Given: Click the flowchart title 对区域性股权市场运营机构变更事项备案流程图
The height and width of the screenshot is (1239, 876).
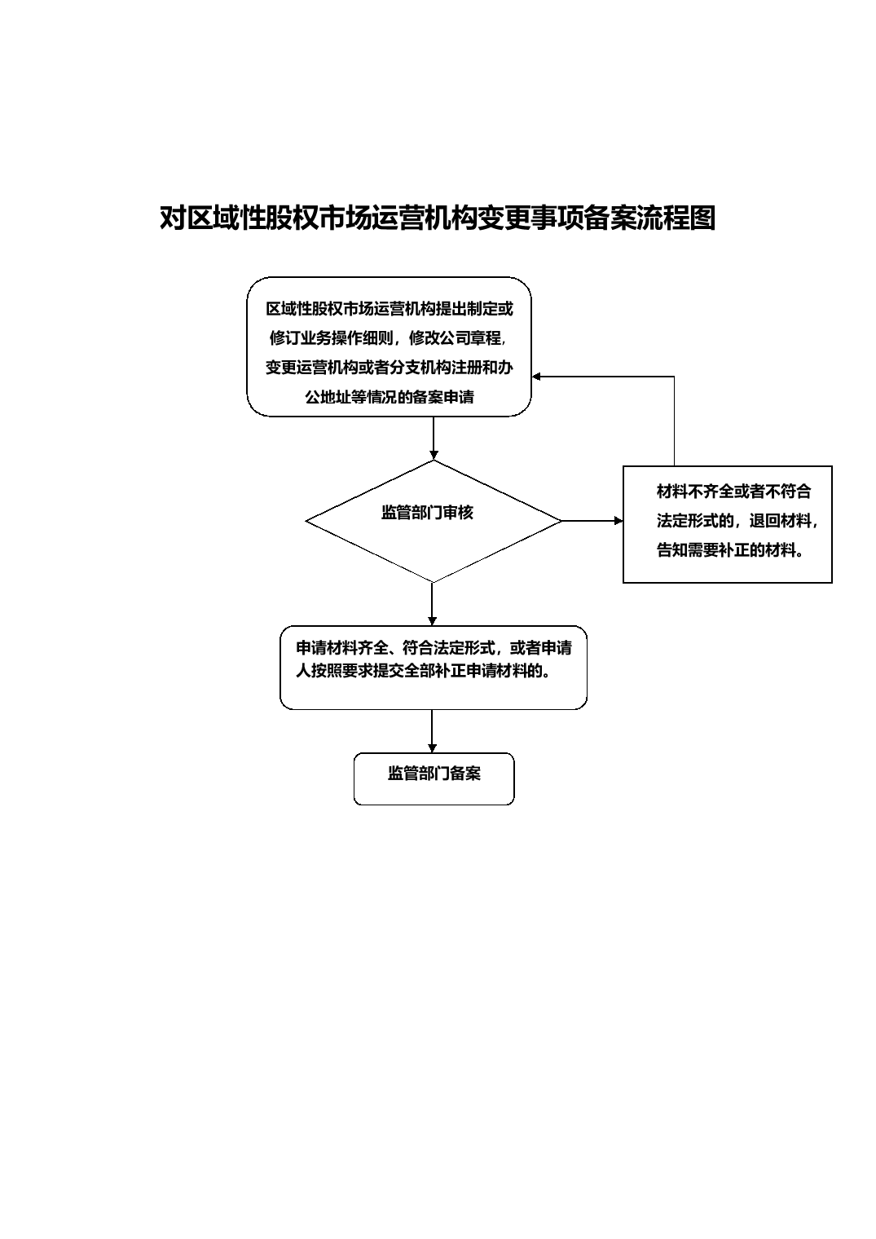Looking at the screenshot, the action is tap(438, 218).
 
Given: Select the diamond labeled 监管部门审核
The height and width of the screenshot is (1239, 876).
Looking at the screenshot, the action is tap(434, 521).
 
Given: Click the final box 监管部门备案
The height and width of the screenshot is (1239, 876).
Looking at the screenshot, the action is tap(434, 778).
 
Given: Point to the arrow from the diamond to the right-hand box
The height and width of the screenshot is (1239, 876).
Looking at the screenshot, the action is tap(592, 521).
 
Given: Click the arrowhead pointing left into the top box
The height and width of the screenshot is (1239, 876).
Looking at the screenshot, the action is tap(536, 377).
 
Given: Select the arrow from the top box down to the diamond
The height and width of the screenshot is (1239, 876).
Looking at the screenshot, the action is tap(434, 438).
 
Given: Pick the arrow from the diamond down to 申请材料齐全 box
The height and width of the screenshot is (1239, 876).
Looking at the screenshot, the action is tap(433, 604).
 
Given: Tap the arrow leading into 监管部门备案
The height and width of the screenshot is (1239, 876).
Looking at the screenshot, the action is tap(433, 731).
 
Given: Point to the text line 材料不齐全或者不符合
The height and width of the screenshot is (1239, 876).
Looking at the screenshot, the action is tap(734, 492).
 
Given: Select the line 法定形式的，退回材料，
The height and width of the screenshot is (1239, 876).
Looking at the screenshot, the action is tap(737, 521).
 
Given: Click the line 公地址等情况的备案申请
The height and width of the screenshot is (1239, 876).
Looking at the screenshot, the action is tap(390, 397).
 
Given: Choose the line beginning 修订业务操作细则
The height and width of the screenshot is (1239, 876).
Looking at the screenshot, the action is tap(388, 338).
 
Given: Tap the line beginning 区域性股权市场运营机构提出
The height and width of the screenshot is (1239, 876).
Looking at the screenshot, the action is tap(390, 309).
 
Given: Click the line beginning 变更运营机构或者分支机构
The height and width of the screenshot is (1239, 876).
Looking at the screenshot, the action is tap(390, 368).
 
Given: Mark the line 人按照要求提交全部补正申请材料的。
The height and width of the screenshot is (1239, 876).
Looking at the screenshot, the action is tap(423, 672).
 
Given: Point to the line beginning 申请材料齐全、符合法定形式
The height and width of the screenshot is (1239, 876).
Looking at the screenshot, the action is tap(434, 648).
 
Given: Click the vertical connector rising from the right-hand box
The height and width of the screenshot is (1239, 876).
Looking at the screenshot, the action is tap(674, 421).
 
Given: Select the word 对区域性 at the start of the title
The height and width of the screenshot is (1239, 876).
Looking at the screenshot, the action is tap(212, 218).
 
